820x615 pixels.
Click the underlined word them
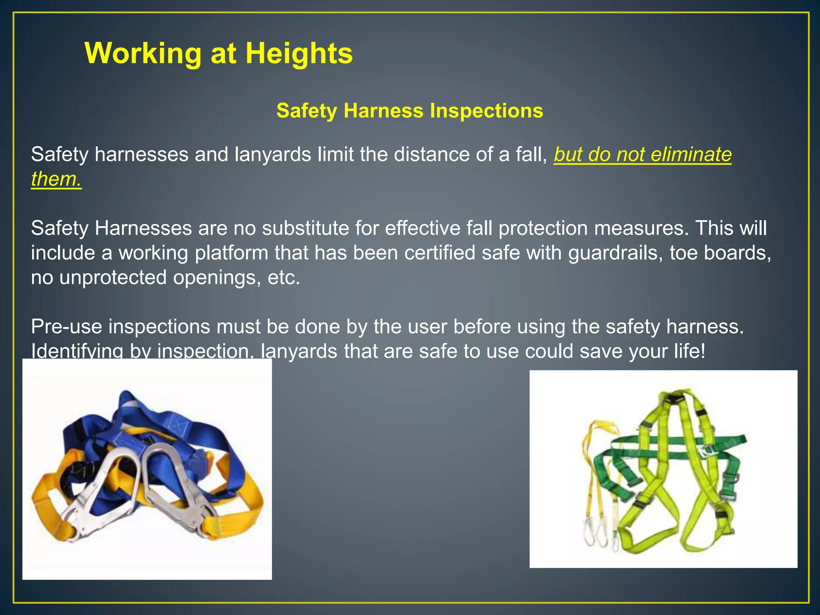(x=56, y=179)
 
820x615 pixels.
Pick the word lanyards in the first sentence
(x=273, y=155)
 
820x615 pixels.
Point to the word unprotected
(x=113, y=277)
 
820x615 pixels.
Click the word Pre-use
(x=67, y=327)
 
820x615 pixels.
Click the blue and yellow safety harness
(x=147, y=468)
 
